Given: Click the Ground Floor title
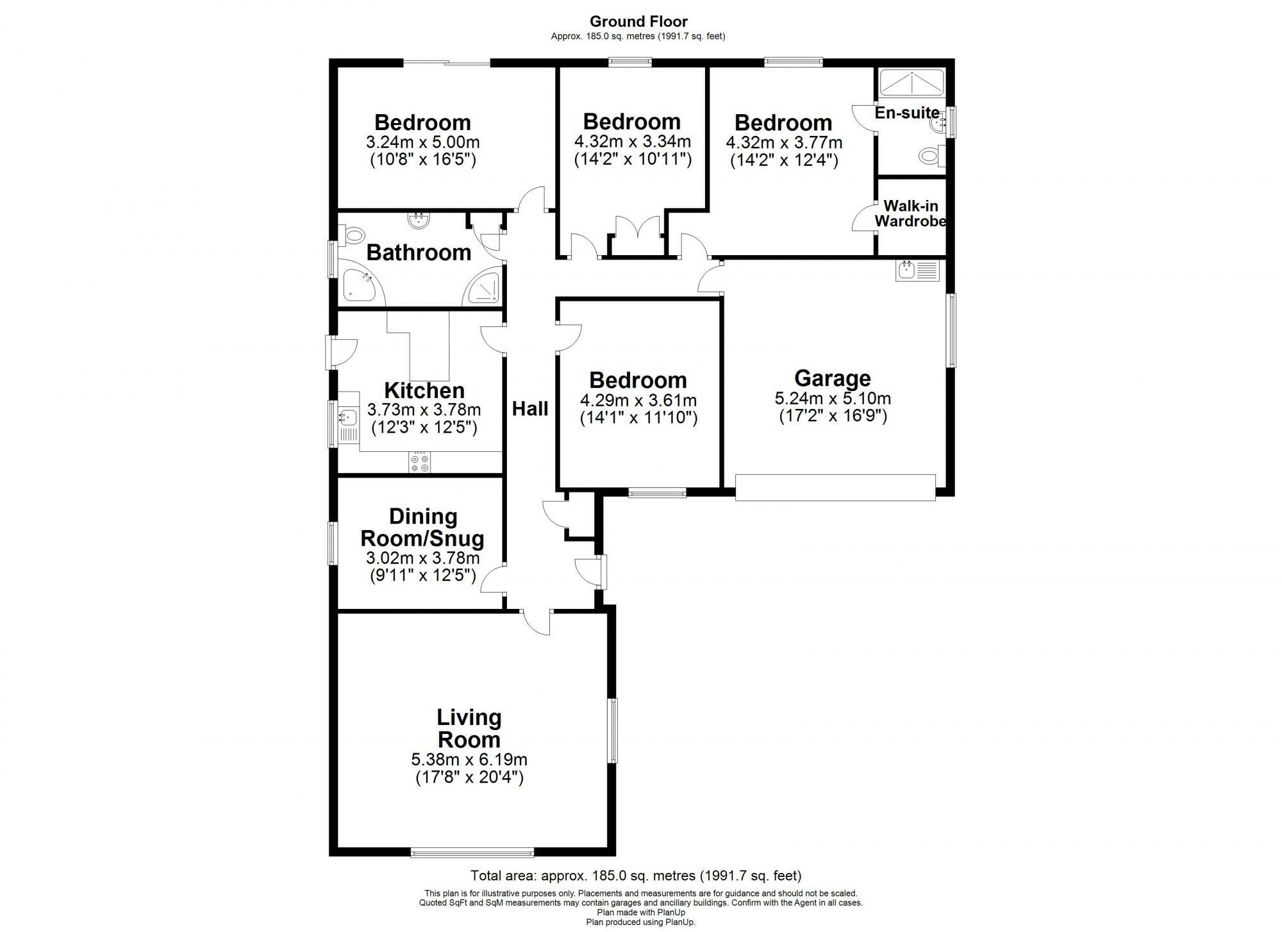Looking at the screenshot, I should pyautogui.click(x=638, y=22).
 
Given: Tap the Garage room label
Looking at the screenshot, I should pyautogui.click(x=832, y=378).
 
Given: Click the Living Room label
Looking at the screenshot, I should pyautogui.click(x=469, y=729).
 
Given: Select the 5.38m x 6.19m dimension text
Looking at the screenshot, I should pyautogui.click(x=469, y=760).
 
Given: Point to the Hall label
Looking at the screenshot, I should pyautogui.click(x=530, y=409).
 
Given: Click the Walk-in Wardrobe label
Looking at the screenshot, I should pyautogui.click(x=910, y=214).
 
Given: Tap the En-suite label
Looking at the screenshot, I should pyautogui.click(x=906, y=113).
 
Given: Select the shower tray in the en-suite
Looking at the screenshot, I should pyautogui.click(x=911, y=82).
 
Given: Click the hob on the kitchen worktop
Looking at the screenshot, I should pyautogui.click(x=420, y=463).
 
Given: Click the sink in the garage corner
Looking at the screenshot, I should pyautogui.click(x=917, y=270).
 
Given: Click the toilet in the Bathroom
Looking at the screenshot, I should pyautogui.click(x=352, y=235).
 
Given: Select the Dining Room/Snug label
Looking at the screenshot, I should pyautogui.click(x=422, y=527).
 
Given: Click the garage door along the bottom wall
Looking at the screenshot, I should pyautogui.click(x=835, y=487).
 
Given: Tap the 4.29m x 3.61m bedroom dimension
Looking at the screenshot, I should pyautogui.click(x=638, y=401).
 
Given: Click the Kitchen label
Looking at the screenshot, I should pyautogui.click(x=424, y=390).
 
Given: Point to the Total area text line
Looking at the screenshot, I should pyautogui.click(x=636, y=876).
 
